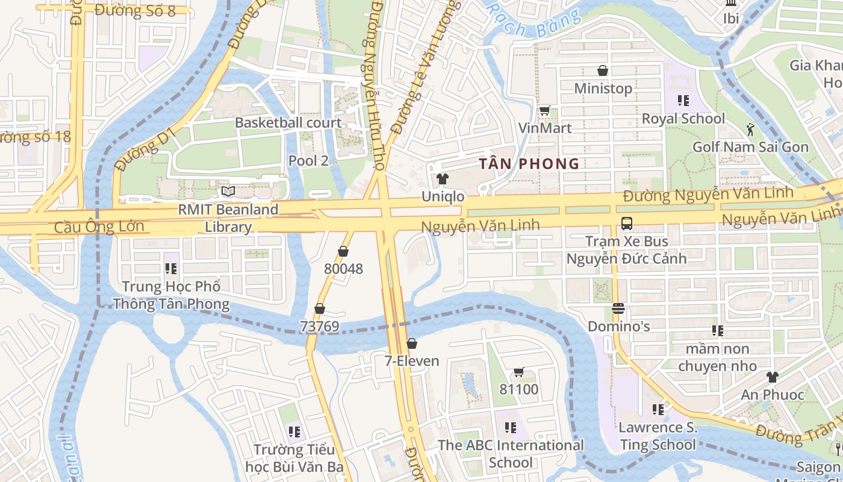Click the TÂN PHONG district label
point(529,163)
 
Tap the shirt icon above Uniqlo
point(443,179)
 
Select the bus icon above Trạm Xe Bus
point(626,224)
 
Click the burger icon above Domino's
point(618,308)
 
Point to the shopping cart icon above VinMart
point(545,110)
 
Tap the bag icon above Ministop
point(603,70)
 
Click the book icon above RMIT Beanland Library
point(228,192)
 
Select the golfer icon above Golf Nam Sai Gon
point(750,129)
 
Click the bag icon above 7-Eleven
point(412,343)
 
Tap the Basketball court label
point(288,122)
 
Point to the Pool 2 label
point(308,160)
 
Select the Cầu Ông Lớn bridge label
point(99,227)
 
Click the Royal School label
point(683,118)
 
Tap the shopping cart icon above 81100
point(518,372)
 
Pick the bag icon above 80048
point(343,251)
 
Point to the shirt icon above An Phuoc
point(772,377)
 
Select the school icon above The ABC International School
point(511,428)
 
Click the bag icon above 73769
point(320,309)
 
